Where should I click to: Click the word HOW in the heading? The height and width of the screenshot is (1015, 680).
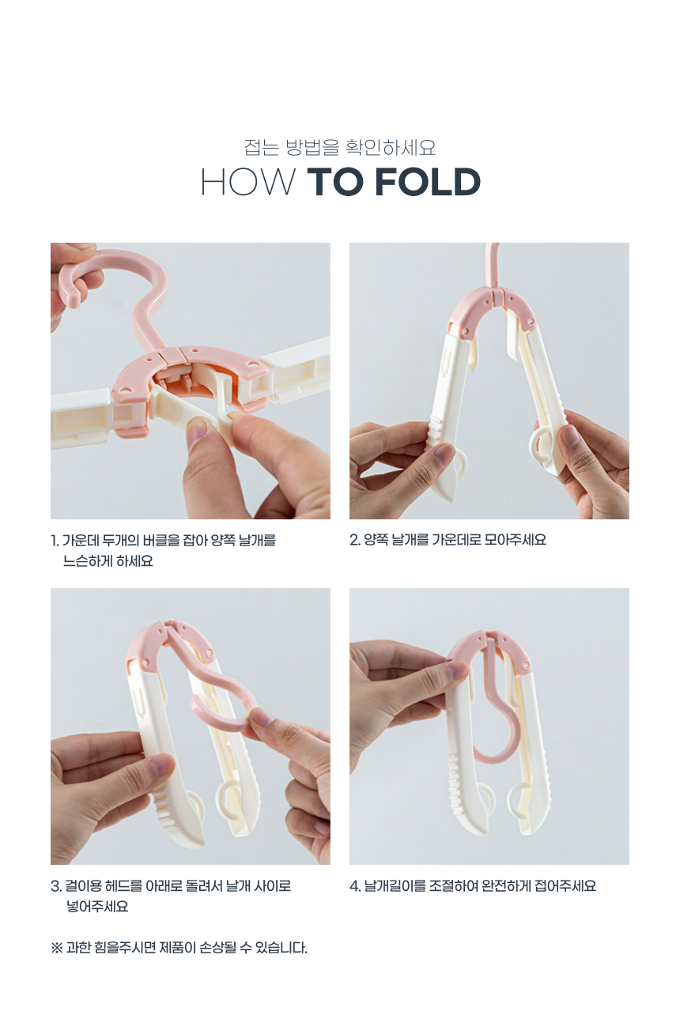point(247,182)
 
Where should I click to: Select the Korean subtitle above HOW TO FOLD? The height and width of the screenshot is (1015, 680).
point(340,147)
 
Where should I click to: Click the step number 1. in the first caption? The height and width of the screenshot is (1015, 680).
point(55,541)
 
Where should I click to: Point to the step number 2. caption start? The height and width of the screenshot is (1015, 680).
point(354,540)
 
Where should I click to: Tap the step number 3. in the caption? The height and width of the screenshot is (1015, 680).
point(56,886)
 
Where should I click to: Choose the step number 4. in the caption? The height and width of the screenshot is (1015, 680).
point(355,886)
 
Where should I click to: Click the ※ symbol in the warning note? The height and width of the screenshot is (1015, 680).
point(57,948)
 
